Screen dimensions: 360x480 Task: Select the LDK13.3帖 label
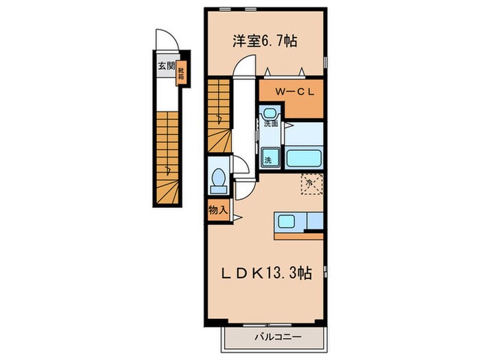click(266, 273)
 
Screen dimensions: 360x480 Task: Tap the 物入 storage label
click(217, 211)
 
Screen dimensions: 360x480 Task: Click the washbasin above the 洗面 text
click(269, 113)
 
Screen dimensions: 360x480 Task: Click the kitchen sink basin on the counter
click(285, 221)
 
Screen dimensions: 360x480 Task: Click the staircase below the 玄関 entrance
click(167, 158)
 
